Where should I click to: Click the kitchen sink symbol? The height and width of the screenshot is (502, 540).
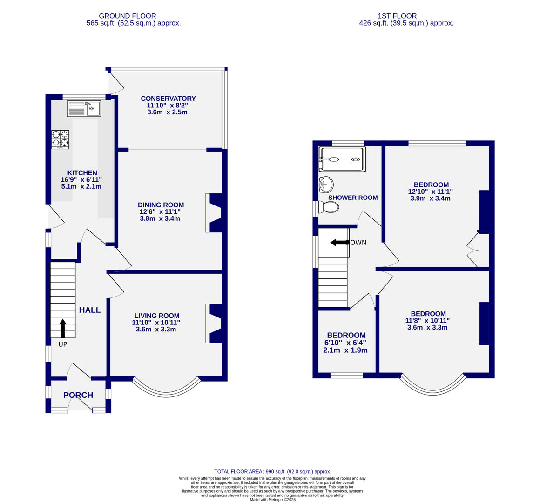pyautogui.click(x=84, y=108)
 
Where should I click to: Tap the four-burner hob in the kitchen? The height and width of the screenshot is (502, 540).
pyautogui.click(x=60, y=139)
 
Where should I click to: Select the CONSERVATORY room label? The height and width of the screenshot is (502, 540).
pyautogui.click(x=168, y=99)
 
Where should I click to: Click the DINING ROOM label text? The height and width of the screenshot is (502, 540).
pyautogui.click(x=161, y=205)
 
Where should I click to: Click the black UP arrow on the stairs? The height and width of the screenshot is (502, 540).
pyautogui.click(x=62, y=328)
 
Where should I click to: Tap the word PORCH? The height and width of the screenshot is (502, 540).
pyautogui.click(x=78, y=395)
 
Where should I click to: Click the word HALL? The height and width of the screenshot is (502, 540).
pyautogui.click(x=89, y=310)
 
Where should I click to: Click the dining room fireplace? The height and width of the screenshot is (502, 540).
pyautogui.click(x=214, y=212)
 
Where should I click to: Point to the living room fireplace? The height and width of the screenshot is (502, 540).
pyautogui.click(x=214, y=324)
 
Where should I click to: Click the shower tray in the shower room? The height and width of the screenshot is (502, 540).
pyautogui.click(x=341, y=159)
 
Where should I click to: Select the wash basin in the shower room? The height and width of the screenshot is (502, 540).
pyautogui.click(x=326, y=185)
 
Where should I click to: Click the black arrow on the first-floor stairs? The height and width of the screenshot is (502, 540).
pyautogui.click(x=340, y=242)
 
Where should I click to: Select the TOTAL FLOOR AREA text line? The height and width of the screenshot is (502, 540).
pyautogui.click(x=272, y=471)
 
